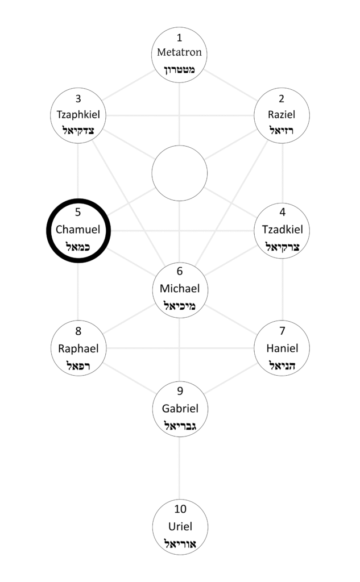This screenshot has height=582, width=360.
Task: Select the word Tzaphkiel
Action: pos(78,114)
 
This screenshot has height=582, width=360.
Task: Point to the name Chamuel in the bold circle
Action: pos(78,230)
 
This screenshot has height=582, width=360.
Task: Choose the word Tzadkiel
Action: pos(282,230)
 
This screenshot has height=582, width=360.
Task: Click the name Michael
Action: pos(180,289)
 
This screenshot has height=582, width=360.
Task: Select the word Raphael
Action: pos(78,348)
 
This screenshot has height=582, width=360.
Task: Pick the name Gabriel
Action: pos(180,408)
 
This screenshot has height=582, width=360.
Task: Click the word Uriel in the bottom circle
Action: pos(180,526)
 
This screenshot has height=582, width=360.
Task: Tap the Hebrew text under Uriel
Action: pos(180,543)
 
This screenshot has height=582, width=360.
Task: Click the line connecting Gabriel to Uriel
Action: pos(180,466)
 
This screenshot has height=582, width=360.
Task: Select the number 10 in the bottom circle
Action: pos(180,509)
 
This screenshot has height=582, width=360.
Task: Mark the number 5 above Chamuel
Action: pos(78,213)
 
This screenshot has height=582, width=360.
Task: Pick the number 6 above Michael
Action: pos(180,272)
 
